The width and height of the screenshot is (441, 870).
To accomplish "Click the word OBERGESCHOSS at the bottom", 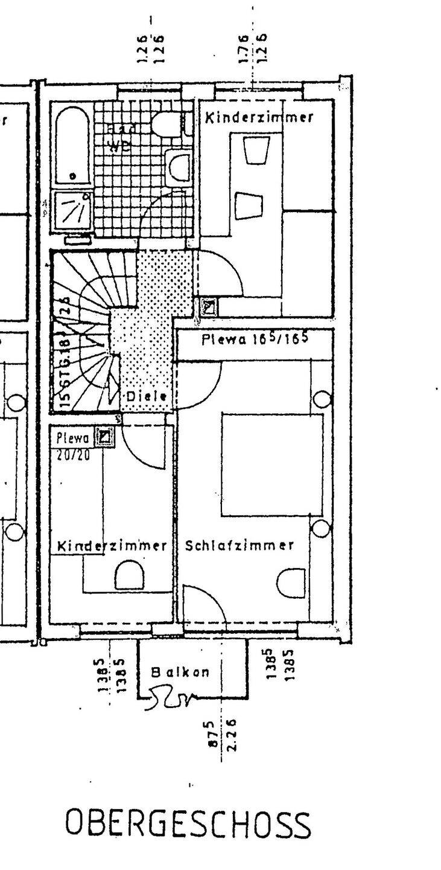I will (x=188, y=824).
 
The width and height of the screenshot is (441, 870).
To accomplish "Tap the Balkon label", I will (x=180, y=672).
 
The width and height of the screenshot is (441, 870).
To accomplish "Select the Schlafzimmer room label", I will (x=240, y=546).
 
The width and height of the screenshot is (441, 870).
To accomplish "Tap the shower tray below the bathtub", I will (x=72, y=210).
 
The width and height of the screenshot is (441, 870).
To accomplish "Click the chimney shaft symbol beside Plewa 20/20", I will (x=106, y=437).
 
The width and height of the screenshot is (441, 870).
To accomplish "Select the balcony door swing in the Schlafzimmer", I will (x=204, y=604).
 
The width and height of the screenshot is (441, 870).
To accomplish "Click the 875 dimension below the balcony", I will (x=211, y=735).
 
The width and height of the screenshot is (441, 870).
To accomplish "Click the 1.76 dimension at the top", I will (x=243, y=49).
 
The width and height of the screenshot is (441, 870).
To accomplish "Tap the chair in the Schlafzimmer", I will (x=291, y=583).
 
